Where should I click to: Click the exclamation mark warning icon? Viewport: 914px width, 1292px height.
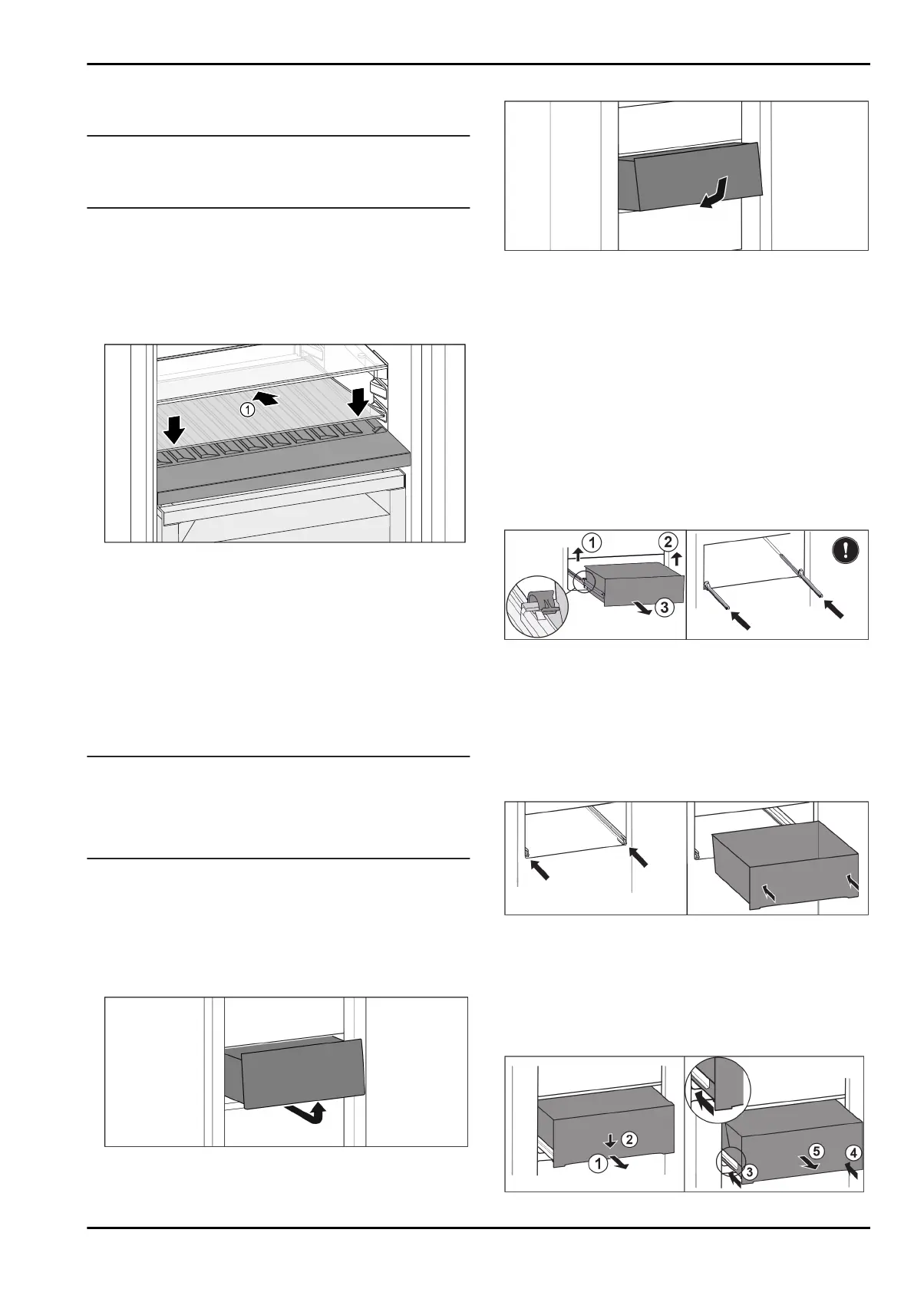(x=845, y=550)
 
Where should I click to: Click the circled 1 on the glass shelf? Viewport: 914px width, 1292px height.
(x=247, y=410)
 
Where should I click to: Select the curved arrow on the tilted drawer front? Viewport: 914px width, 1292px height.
(x=714, y=193)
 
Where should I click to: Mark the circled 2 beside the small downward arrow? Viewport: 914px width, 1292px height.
(x=628, y=1139)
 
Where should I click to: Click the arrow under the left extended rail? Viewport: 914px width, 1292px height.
(x=739, y=618)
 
